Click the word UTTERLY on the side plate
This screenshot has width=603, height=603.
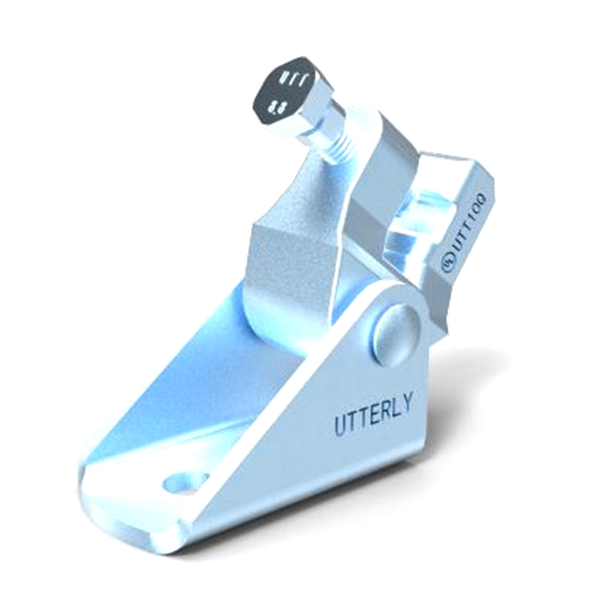[373, 415]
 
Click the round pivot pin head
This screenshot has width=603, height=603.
[394, 332]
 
